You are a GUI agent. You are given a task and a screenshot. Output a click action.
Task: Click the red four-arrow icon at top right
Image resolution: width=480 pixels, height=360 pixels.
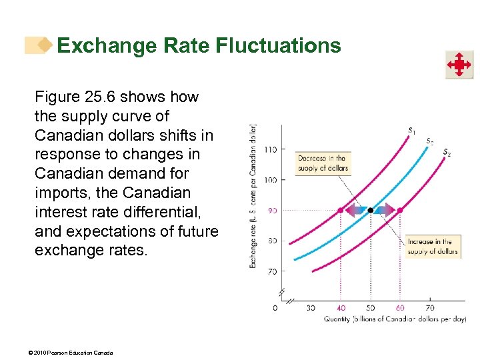click(x=459, y=65)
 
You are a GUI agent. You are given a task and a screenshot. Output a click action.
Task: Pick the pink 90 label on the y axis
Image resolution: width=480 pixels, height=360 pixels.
click(x=271, y=210)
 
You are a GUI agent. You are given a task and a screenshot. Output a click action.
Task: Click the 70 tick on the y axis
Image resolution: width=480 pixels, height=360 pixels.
click(x=271, y=271)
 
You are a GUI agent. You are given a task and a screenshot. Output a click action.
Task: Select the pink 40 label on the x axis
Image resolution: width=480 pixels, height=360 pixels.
click(x=340, y=308)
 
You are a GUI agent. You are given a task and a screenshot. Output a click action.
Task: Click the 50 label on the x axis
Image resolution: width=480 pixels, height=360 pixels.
click(x=371, y=308)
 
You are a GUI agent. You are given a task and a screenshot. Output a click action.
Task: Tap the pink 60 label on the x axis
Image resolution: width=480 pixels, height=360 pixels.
click(x=400, y=308)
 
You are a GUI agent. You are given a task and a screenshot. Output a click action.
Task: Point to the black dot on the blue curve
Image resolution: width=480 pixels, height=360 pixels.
click(x=371, y=210)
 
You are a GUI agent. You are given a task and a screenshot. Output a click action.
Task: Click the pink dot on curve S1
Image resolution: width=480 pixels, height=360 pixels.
click(x=340, y=210)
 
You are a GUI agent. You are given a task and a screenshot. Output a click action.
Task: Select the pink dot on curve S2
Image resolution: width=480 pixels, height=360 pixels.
click(x=400, y=210)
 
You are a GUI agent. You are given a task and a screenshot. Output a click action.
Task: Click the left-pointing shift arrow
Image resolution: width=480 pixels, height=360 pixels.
click(x=355, y=210)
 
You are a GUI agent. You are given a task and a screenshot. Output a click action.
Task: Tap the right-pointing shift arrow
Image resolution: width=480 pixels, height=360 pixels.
click(x=385, y=210)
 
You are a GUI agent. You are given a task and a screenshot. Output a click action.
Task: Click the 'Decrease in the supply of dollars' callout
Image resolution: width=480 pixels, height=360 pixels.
click(x=323, y=163)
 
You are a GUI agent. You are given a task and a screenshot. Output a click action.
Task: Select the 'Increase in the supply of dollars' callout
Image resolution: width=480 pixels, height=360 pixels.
click(x=430, y=247)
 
